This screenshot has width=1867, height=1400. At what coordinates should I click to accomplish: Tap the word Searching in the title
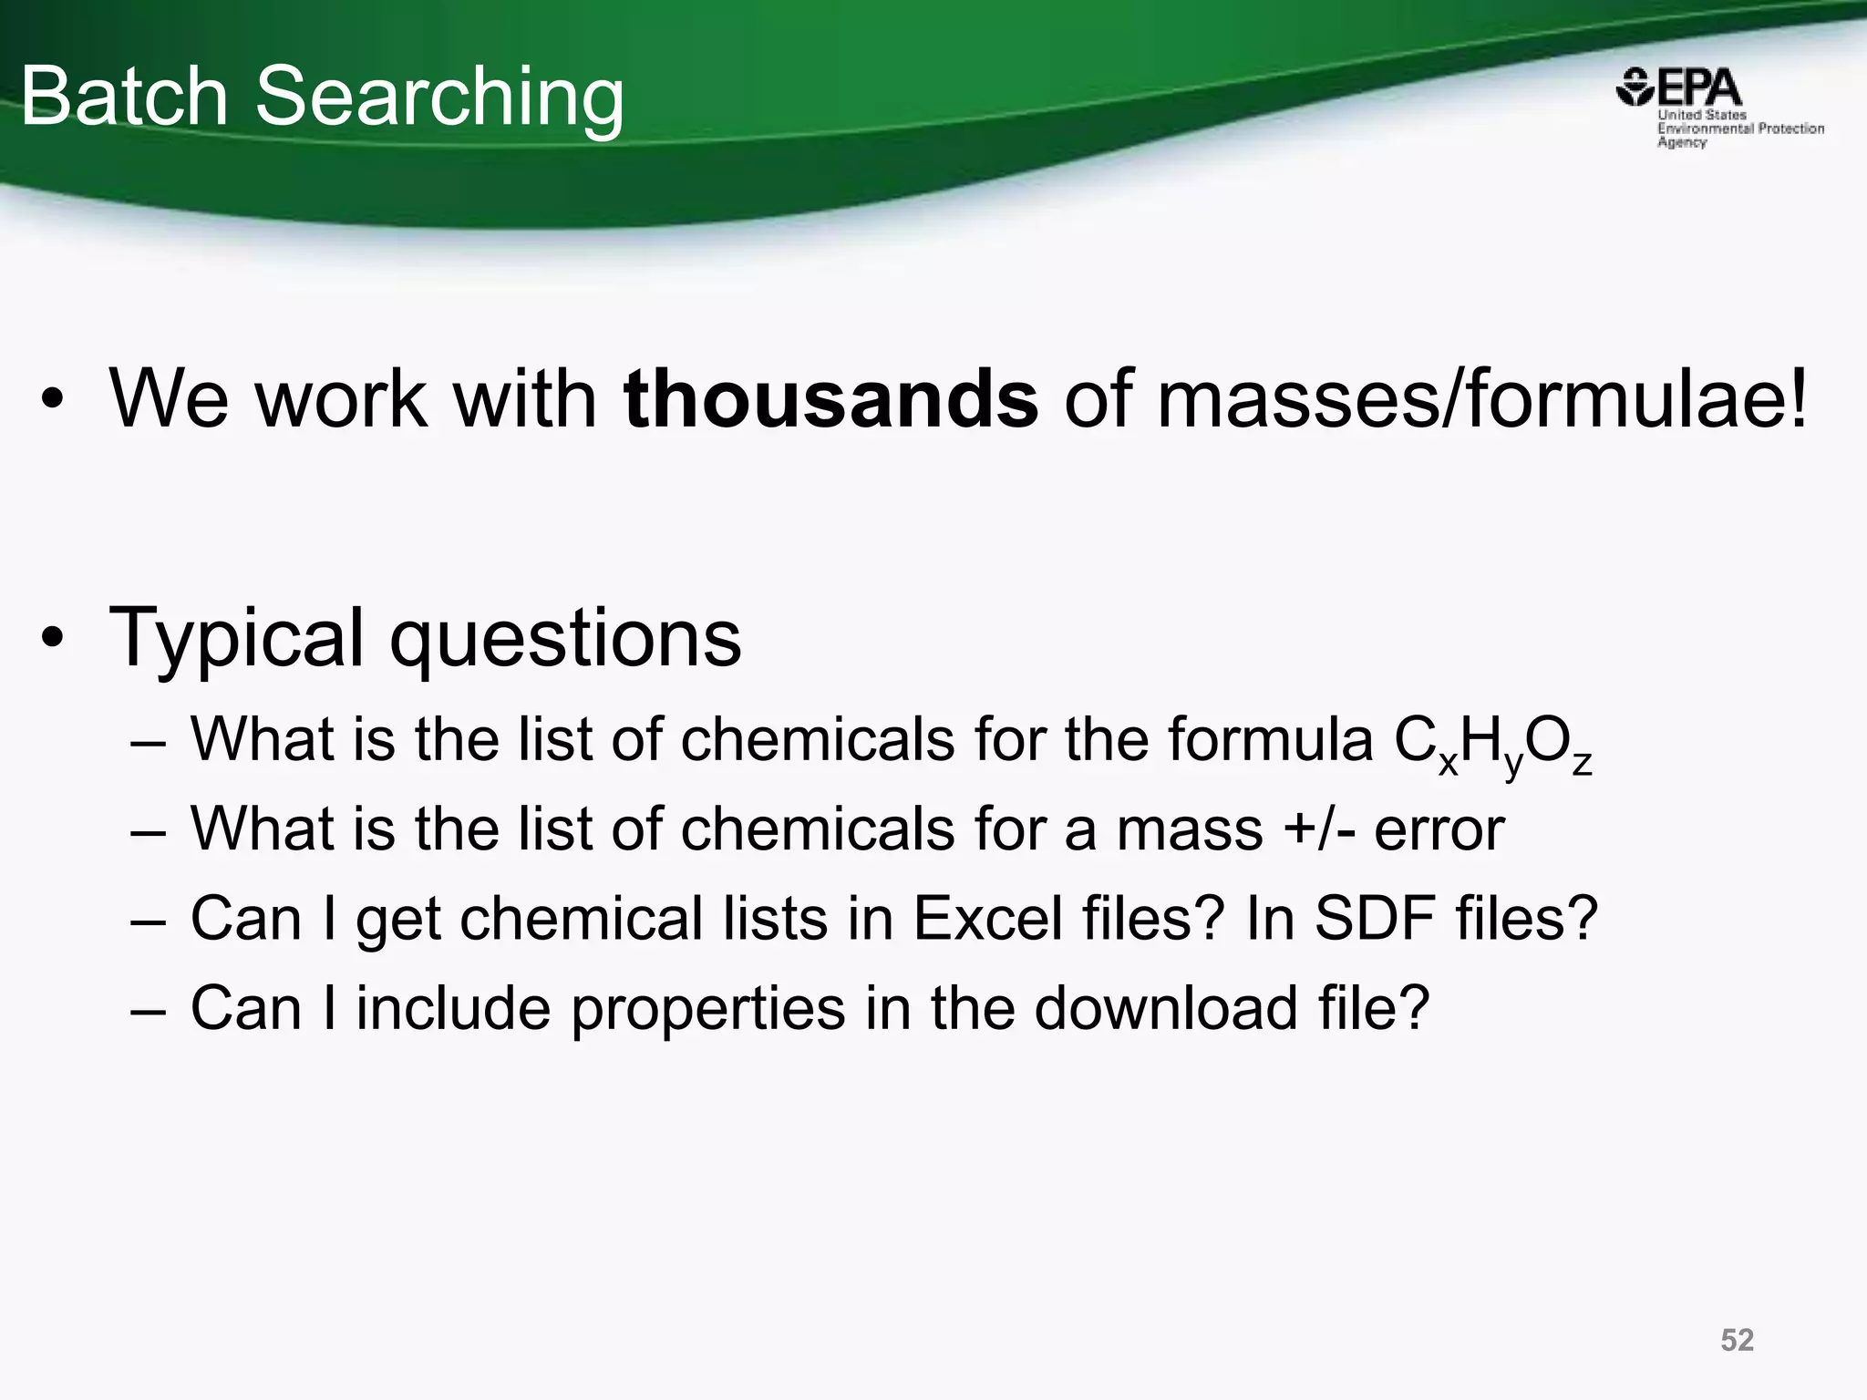(x=439, y=98)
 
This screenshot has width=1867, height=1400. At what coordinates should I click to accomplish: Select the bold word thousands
(x=830, y=398)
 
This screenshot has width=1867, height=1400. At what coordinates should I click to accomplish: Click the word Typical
(x=235, y=638)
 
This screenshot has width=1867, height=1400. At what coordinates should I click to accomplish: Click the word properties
(x=708, y=1009)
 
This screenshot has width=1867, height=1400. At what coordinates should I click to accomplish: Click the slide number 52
(x=1737, y=1340)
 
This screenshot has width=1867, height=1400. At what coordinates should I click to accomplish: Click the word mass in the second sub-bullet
(x=1190, y=829)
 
